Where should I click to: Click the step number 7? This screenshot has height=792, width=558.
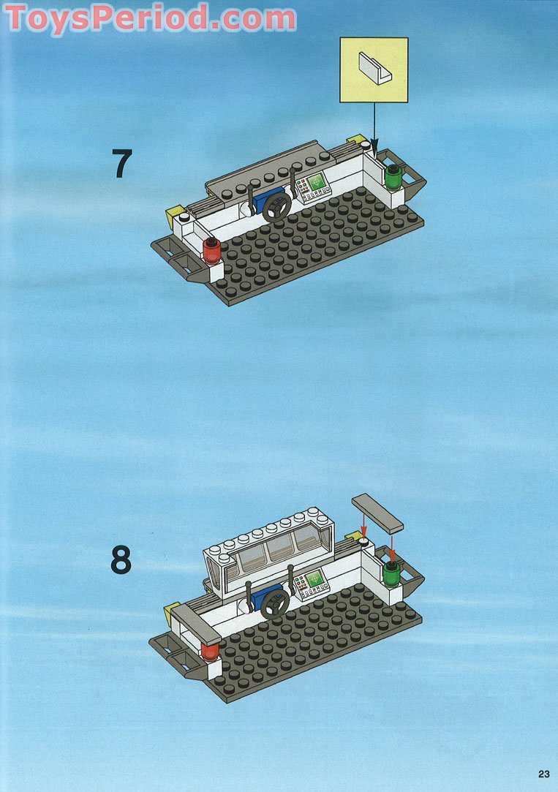122,163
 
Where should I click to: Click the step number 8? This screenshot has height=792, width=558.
121,559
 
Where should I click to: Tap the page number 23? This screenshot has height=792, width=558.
544,774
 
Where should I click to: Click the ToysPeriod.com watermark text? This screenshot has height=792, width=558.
150,18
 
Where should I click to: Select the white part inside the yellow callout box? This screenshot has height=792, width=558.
374,68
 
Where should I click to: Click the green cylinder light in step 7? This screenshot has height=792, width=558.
393,177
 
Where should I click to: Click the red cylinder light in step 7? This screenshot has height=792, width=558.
211,251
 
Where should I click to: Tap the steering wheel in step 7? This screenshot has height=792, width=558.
276,207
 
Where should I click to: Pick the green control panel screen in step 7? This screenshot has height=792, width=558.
317,182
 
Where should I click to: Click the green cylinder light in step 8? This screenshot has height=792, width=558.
391,574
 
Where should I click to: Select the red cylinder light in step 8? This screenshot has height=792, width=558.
210,652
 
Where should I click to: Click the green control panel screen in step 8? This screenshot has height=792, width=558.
315,578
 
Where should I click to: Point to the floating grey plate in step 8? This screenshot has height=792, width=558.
377,513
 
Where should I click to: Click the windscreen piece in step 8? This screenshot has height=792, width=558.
268,551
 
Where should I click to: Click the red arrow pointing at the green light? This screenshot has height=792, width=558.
392,549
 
